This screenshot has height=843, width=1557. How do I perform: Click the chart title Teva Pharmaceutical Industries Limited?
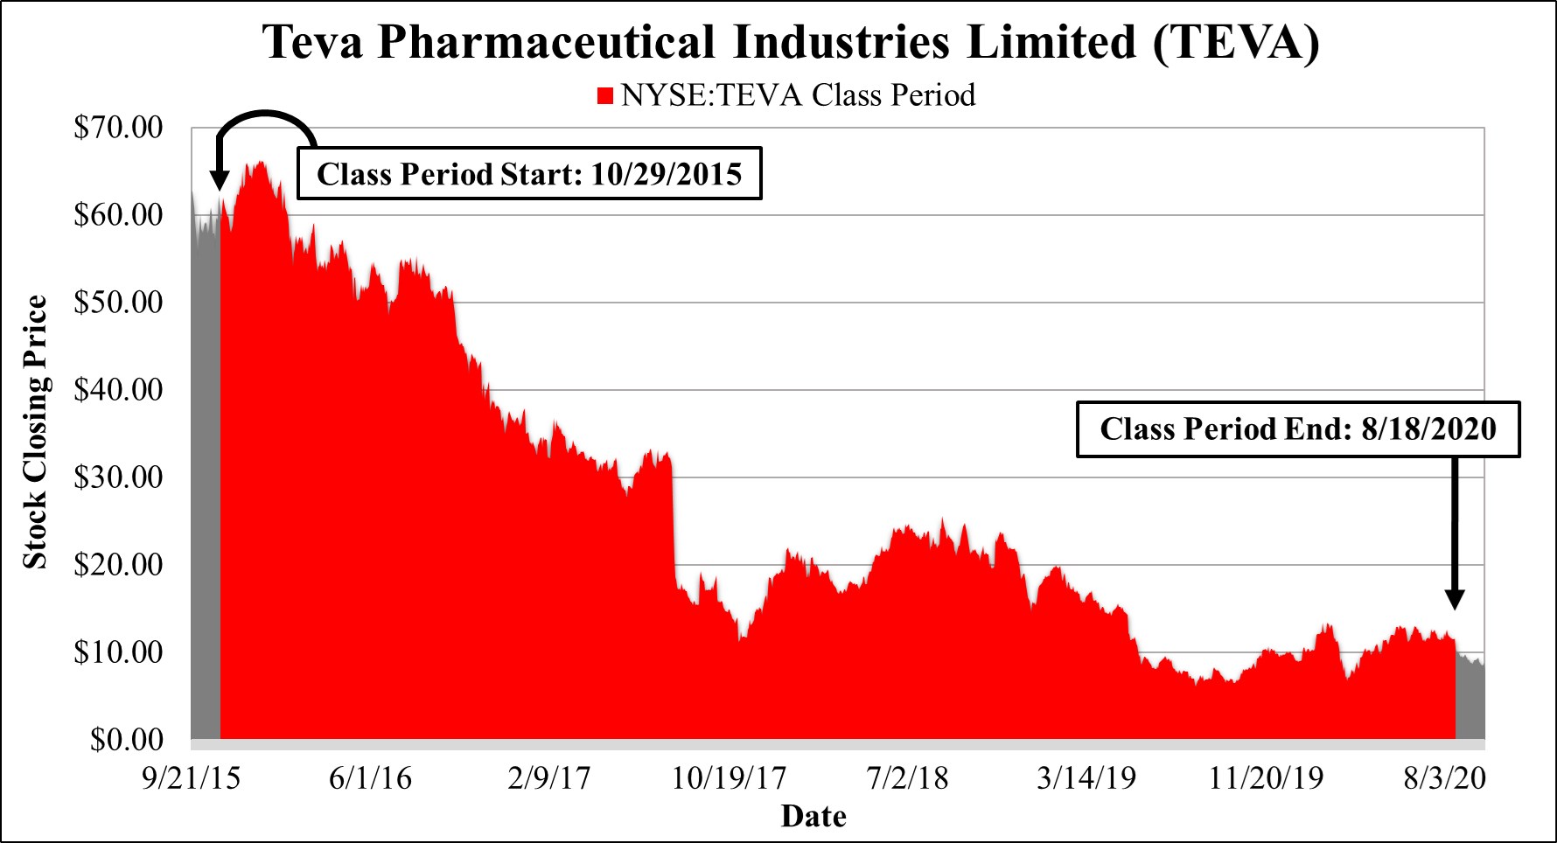[791, 42]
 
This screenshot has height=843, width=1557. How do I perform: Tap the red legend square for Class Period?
[605, 95]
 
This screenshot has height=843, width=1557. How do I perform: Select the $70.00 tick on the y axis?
[118, 128]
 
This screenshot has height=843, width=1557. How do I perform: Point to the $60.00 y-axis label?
[118, 215]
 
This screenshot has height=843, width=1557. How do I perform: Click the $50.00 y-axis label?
[118, 303]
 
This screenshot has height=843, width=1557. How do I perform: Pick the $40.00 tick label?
[118, 390]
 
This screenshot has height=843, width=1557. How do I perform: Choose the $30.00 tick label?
[118, 477]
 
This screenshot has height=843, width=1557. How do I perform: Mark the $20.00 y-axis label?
[118, 565]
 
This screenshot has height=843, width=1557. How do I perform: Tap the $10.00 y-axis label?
[118, 652]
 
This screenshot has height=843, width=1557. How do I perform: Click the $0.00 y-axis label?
[127, 740]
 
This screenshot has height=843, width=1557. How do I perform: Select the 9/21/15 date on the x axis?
[191, 778]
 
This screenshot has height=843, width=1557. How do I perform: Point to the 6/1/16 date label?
[370, 778]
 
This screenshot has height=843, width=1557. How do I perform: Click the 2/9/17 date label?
[549, 778]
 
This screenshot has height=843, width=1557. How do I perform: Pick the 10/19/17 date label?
[729, 778]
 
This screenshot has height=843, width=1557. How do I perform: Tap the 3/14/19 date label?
[1086, 778]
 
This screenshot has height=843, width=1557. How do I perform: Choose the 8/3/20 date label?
[1445, 778]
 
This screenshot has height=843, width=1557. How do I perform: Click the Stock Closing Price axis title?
[35, 432]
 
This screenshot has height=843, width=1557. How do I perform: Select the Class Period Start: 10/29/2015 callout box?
[529, 174]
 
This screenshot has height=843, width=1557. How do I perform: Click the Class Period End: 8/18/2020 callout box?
[1298, 429]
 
